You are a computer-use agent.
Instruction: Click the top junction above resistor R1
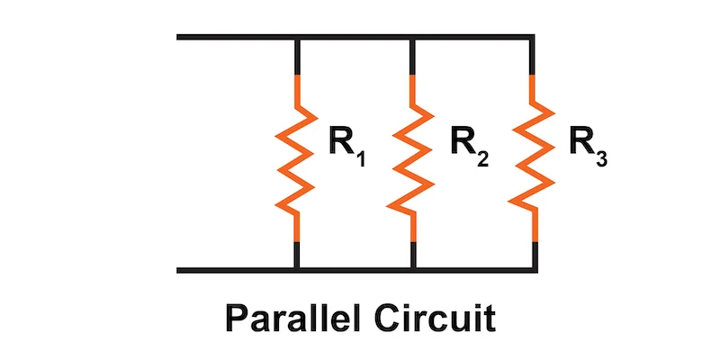297,37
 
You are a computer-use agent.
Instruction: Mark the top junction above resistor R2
412,37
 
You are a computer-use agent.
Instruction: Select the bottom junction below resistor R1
297,269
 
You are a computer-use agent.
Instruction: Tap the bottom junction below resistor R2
412,269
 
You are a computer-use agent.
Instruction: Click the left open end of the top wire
179,37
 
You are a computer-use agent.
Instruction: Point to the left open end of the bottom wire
179,269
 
